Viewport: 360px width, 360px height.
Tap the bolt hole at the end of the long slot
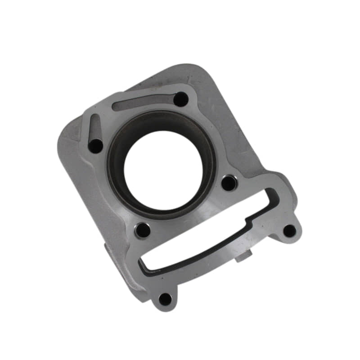(x=181, y=99)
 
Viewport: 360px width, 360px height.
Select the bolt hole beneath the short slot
(x=96, y=145)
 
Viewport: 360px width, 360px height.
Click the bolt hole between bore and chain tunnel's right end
(x=229, y=182)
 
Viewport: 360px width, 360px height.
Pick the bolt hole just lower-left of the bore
(x=143, y=230)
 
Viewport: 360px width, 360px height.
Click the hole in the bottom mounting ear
(x=165, y=298)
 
